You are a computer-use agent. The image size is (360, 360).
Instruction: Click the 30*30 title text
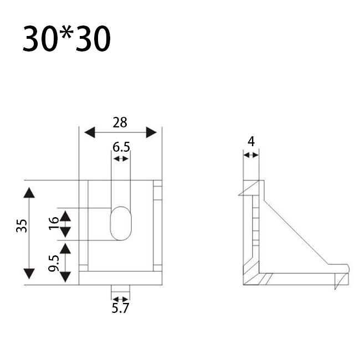coord(66,38)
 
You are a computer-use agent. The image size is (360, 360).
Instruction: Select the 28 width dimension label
coord(120,122)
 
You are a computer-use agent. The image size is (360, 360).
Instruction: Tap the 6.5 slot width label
coord(121,147)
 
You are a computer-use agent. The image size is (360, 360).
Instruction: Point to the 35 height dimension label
coord(22,226)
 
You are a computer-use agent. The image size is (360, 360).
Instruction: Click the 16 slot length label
coord(54,223)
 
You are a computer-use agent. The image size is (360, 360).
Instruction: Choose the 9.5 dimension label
coord(54,263)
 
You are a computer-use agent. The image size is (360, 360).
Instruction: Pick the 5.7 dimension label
coord(120,308)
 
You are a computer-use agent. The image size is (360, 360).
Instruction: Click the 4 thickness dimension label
coord(251,141)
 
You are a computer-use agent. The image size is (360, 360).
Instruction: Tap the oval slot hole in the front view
coord(121,223)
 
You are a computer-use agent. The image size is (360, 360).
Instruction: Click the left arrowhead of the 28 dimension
coord(90,132)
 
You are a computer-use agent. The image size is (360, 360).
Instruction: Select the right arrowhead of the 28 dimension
coord(151,132)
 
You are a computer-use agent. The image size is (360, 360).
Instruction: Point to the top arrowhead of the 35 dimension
coord(29,193)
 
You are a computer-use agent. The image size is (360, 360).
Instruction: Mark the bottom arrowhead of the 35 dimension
coord(29,274)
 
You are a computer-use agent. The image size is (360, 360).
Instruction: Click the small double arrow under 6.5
coord(121,158)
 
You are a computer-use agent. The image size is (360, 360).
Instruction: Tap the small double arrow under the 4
coord(251,156)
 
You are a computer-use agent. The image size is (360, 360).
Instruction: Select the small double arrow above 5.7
coord(121,299)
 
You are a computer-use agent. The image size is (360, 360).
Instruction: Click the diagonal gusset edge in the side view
coord(296,233)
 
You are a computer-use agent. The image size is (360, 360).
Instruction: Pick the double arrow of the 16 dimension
coord(65,224)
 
